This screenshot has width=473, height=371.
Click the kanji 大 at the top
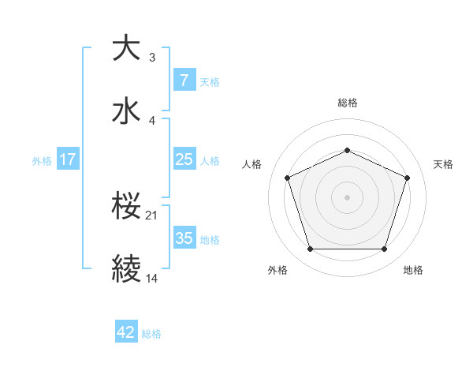[127, 48]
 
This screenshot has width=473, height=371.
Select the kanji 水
[127, 111]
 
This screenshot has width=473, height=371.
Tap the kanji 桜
[127, 206]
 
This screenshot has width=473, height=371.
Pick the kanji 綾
[127, 269]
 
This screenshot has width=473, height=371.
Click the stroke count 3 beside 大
[152, 58]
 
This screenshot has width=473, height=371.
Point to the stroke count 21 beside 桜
[153, 215]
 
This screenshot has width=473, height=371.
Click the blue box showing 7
[184, 81]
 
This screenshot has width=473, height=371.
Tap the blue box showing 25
[184, 159]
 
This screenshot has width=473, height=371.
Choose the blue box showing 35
[184, 238]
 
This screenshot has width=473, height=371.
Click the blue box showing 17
[67, 159]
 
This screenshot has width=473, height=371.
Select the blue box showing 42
[125, 332]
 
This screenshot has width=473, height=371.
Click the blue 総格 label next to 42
[151, 334]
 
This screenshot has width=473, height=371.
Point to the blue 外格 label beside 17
[42, 161]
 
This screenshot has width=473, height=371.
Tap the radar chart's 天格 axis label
[443, 164]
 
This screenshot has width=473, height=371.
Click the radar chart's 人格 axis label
[251, 164]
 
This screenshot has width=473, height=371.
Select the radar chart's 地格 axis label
[413, 270]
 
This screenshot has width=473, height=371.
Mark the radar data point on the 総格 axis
[347, 150]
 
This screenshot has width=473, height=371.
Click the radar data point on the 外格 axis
[310, 249]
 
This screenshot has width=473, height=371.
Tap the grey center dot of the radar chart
[347, 197]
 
